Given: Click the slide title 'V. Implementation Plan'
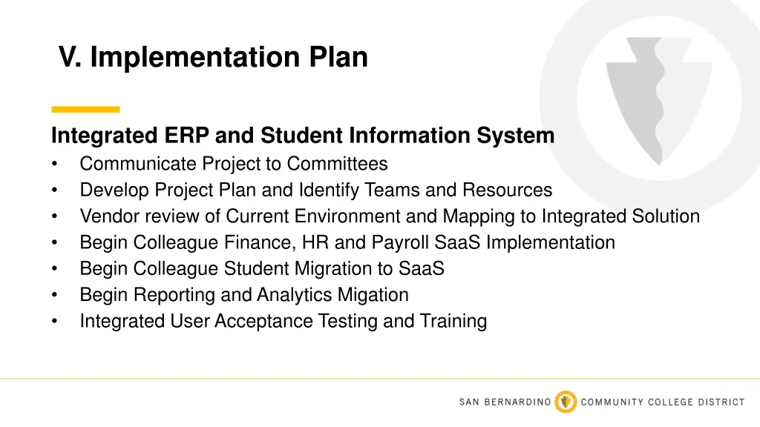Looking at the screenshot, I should coord(213,57).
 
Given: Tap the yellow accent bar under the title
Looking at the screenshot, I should coord(85,109).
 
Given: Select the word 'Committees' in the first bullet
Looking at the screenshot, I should coord(338,163).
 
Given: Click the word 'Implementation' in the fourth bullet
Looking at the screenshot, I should coord(550,242).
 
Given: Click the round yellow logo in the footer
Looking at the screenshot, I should coord(566,402).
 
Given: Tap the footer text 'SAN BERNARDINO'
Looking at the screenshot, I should coord(505,403).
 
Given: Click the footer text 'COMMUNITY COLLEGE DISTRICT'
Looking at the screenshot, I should coord(662,403).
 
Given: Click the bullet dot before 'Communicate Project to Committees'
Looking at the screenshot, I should coord(55,164).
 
